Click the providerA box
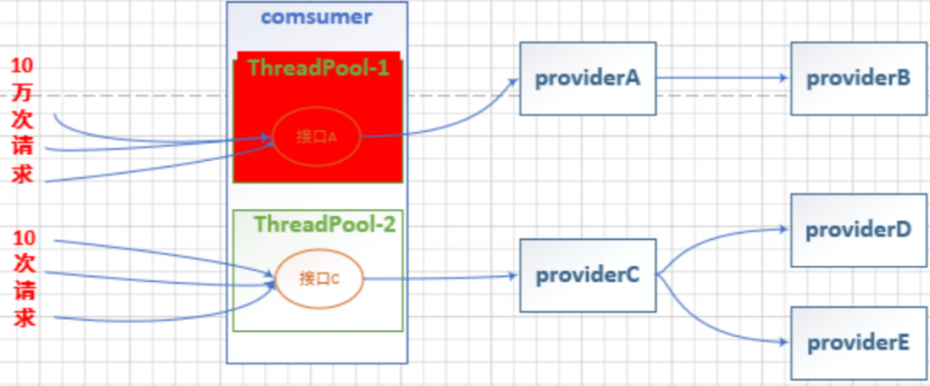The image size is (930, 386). pos(588,79)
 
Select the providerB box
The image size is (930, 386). pos(858,79)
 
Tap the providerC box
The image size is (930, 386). pos(588,275)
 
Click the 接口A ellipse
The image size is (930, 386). pos(315,137)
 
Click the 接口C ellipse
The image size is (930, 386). pos(319,277)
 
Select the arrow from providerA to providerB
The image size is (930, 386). pos(723,79)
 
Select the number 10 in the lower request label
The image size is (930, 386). pos(24,237)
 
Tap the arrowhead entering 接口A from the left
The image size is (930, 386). pos(267,140)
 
